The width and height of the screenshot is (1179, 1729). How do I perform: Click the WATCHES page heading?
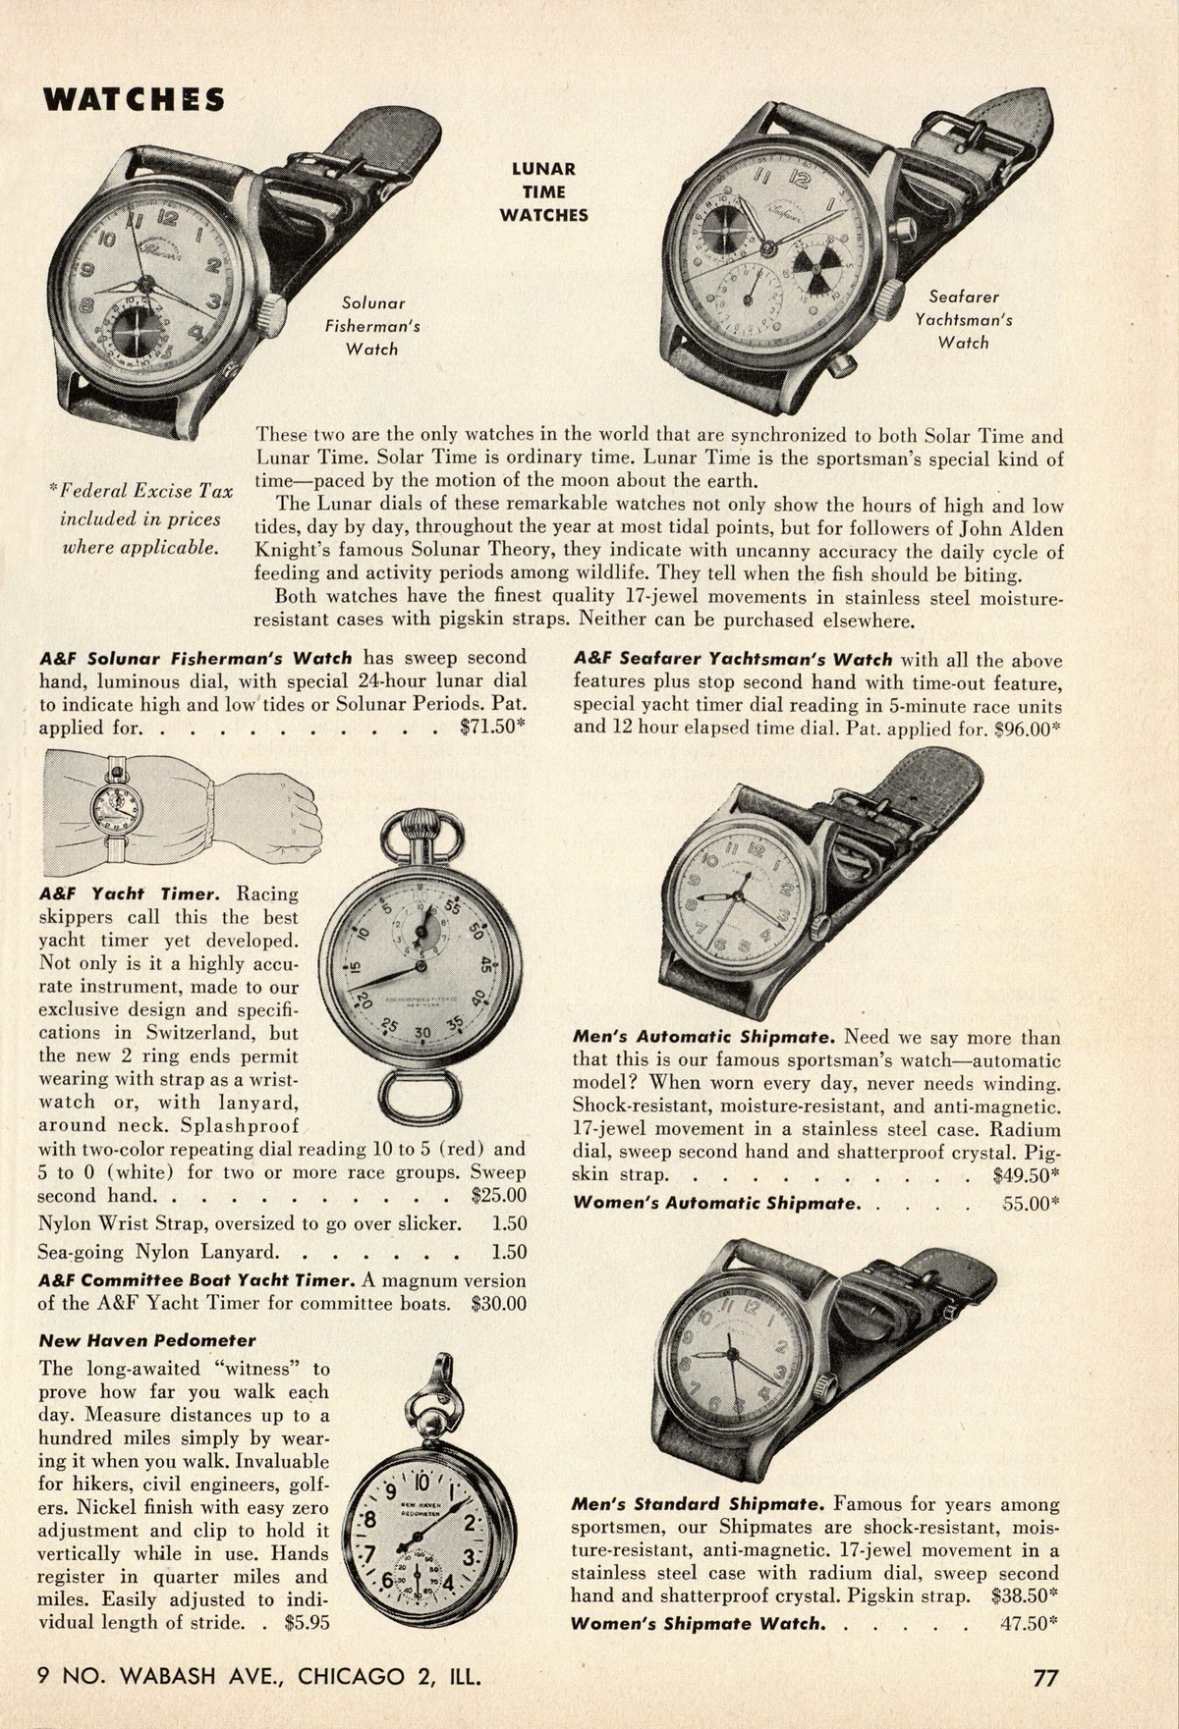pos(133,100)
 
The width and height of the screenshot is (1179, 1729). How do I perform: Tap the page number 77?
pos(1045,1677)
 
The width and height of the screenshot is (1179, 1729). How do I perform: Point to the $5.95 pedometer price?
pos(307,1622)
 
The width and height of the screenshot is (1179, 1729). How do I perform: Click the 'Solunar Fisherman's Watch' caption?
pos(372,326)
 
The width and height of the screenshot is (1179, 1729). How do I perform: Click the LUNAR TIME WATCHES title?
pos(543,191)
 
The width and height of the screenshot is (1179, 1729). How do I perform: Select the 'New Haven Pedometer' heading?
pos(147,1340)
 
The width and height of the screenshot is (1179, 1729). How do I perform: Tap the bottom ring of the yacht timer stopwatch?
pos(415,1097)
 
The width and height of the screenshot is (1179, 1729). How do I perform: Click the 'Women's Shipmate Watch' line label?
pos(697,1622)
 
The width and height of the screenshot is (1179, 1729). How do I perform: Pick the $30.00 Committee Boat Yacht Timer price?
pos(498,1304)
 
